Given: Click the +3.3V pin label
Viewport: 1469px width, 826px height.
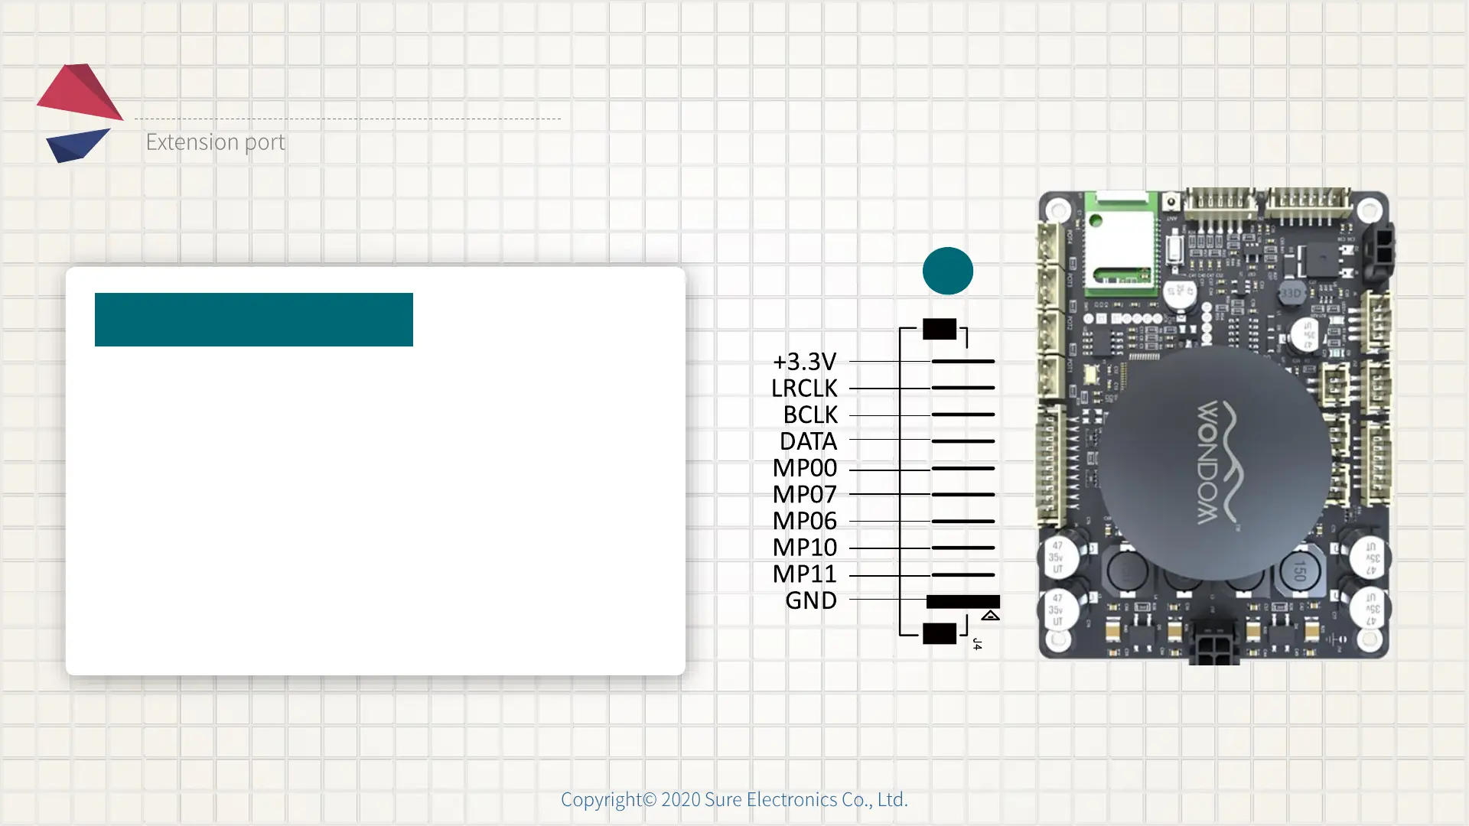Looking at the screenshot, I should coord(804,361).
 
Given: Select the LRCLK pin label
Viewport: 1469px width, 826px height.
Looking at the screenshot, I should coord(804,388).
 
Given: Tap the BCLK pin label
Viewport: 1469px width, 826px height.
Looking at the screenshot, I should coord(810,415).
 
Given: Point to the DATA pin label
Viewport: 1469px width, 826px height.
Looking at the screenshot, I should coord(808,441).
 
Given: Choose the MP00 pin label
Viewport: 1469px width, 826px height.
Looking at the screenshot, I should coord(804,467).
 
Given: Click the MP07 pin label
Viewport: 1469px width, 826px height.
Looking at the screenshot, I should coord(804,494).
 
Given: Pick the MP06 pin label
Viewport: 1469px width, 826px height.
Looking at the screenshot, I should coord(804,521).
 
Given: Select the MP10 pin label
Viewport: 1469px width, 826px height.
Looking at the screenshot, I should coord(804,548).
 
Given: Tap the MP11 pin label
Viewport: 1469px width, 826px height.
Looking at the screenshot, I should coord(804,574).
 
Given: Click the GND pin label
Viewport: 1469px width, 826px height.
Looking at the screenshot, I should coord(811,600).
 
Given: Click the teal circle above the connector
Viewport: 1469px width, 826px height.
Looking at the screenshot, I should coord(947,271).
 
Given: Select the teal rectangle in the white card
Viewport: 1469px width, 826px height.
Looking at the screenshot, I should coord(253,320).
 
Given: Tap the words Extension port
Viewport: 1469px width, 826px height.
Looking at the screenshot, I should coord(215,142).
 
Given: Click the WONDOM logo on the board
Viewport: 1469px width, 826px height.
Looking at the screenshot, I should coord(1216,463).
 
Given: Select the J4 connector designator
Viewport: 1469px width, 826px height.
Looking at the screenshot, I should coord(977,644).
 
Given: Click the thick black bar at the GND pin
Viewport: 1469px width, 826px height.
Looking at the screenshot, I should coord(963,601).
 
